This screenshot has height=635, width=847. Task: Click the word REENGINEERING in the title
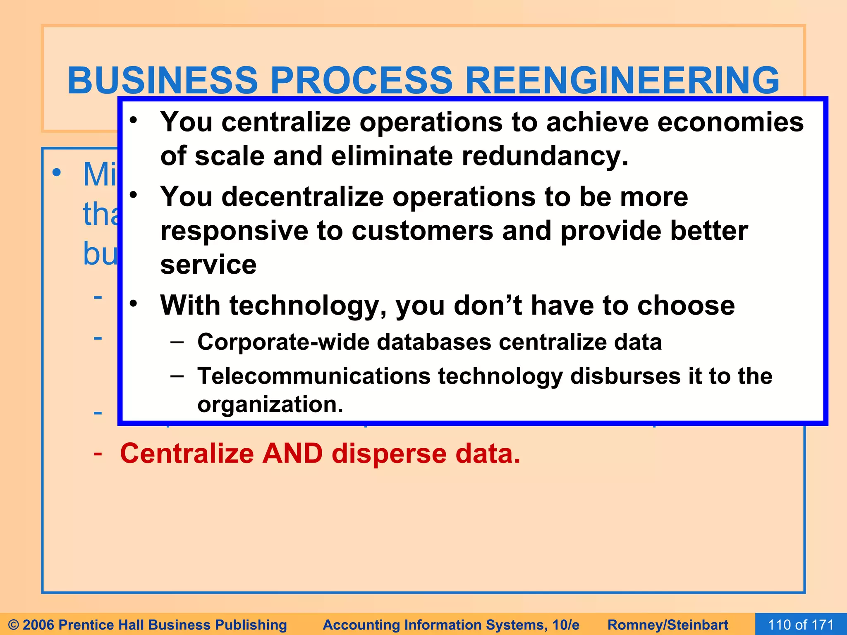(622, 80)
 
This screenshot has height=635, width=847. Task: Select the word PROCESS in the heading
(361, 80)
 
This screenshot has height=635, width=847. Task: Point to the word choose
(686, 306)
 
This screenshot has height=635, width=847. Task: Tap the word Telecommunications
(314, 376)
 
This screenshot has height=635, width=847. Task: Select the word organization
(270, 404)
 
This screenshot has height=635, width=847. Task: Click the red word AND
(292, 454)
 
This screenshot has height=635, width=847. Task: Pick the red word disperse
(389, 454)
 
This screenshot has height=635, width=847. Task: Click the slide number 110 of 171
(801, 625)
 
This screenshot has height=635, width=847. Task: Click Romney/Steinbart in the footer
(668, 625)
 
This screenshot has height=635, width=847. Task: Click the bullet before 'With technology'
(133, 304)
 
